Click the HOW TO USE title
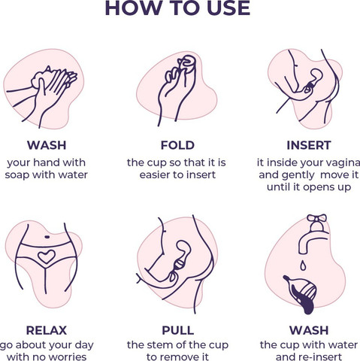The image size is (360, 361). pos(177,8)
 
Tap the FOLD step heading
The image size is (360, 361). pos(177,145)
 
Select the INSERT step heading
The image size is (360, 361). pos(309,145)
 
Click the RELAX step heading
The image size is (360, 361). pos(47,330)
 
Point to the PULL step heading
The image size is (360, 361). pos(178,330)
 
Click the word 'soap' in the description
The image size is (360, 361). pos(17,175)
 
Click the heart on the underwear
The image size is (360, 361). pos(47,256)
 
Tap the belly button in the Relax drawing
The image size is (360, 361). pos(47,237)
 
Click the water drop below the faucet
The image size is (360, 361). pos(303,265)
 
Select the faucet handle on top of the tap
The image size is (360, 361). pos(317,219)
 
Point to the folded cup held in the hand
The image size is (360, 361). pos(188,68)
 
